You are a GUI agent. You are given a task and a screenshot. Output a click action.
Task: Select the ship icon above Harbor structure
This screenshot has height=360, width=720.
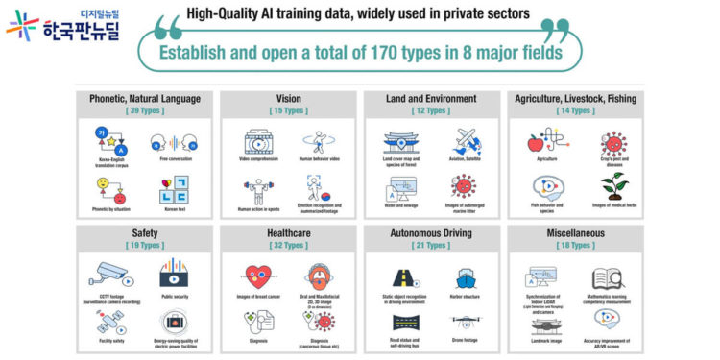[464, 276]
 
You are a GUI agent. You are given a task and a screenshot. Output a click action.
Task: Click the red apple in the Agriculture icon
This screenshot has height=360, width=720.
[534, 144]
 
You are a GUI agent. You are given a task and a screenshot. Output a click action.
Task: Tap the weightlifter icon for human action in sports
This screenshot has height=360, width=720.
[258, 187]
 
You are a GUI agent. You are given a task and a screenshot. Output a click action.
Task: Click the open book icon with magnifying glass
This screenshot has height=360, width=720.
[607, 278]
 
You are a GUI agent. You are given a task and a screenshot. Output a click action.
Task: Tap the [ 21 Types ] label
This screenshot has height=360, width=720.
[431, 246]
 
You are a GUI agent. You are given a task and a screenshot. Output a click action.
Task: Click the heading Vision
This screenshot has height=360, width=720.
[288, 98]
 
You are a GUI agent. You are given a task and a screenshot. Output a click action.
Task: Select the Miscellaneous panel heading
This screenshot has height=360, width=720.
[575, 232]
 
